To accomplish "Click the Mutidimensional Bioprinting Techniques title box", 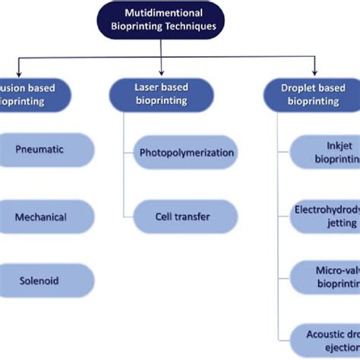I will click(x=163, y=19).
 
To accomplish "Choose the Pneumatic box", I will click(x=46, y=150).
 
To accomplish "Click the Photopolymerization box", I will click(x=186, y=153).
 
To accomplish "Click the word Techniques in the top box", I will click(x=188, y=26).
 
